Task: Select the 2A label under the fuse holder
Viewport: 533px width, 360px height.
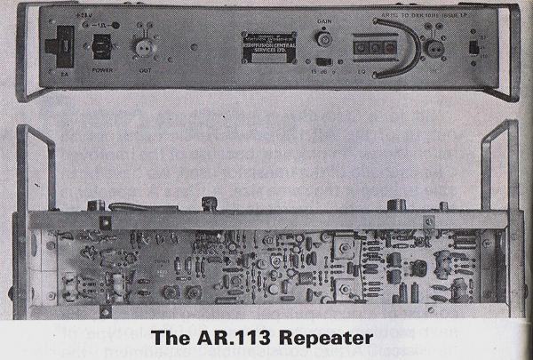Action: pyautogui.click(x=64, y=76)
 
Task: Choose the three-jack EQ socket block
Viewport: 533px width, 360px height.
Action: pyautogui.click(x=374, y=44)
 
